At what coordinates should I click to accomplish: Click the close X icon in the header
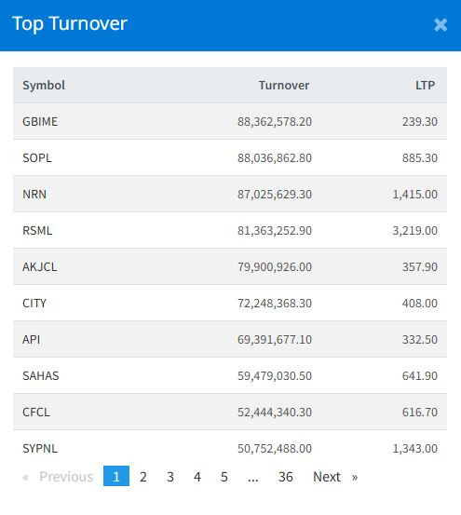441,24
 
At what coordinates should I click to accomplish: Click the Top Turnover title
70,24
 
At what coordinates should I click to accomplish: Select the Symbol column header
44,86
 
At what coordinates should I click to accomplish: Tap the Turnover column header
284,86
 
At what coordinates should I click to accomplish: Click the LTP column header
426,86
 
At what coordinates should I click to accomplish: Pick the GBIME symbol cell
40,121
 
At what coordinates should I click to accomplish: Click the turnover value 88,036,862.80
275,158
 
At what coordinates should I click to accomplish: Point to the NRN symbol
34,194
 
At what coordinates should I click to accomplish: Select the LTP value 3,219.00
415,231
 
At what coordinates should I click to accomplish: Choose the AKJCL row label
40,266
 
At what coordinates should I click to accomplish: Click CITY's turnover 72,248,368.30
275,304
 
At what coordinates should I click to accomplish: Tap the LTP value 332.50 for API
420,339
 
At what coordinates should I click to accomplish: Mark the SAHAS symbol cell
41,375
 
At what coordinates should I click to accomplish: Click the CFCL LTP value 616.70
420,412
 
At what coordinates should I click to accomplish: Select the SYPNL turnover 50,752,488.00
275,448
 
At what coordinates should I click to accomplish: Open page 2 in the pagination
143,477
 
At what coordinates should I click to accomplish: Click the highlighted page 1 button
116,476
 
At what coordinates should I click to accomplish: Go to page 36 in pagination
286,477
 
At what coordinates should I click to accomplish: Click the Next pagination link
327,477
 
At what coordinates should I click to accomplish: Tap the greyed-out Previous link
66,477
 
